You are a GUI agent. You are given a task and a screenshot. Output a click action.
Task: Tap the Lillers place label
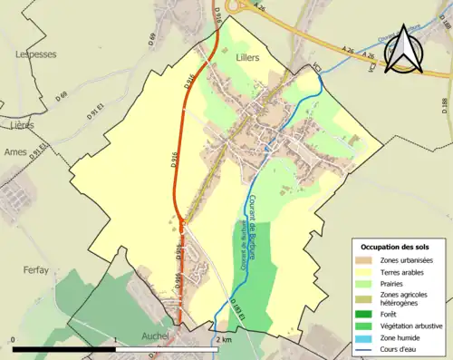[246, 57]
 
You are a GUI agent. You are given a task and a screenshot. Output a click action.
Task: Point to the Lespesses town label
[34, 54]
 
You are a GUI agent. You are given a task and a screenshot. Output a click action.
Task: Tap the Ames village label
[15, 152]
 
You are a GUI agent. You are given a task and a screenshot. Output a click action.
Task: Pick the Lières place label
[17, 123]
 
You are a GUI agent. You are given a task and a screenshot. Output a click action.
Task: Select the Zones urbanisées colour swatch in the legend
[368, 261]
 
